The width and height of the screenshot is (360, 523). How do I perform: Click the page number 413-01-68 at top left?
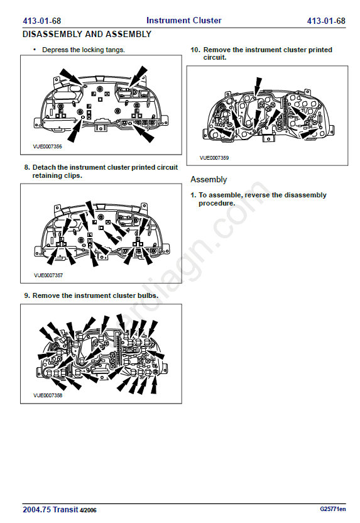pos(41,21)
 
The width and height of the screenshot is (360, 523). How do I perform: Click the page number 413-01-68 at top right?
pos(326,21)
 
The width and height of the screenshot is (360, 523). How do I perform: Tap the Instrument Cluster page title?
pos(183,20)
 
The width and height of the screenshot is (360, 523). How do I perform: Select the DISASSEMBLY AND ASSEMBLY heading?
pos(87,34)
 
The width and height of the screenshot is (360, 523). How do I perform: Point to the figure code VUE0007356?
pos(47,146)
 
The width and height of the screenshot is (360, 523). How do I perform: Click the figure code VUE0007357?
pos(48,275)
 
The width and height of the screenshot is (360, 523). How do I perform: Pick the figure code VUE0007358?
pos(48,395)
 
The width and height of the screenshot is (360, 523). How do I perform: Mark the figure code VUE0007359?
pos(214,158)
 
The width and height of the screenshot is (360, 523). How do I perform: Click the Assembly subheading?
pos(209,180)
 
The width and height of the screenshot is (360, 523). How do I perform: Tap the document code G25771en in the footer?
pos(332,509)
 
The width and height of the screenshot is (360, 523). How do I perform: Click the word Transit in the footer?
pos(65,510)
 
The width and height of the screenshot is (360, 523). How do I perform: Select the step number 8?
pos(27,167)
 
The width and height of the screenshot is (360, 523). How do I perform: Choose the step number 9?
pos(27,295)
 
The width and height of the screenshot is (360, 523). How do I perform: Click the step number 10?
pos(195,50)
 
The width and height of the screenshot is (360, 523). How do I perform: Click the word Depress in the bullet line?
pos(55,50)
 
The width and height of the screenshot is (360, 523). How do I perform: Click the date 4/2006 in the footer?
pos(88,510)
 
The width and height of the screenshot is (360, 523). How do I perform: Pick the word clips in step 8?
pos(73,176)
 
